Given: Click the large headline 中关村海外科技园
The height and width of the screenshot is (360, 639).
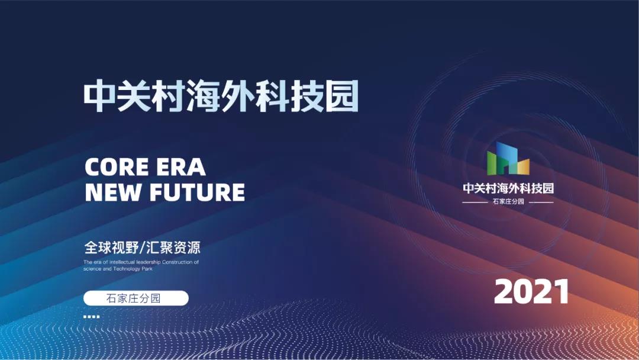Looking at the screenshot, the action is coord(221,96).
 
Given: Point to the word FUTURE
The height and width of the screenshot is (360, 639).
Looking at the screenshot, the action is coord(197,192).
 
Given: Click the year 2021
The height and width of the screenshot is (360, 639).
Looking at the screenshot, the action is coord(531,291).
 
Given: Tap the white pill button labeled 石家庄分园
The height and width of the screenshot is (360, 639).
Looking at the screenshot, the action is coord(136,298).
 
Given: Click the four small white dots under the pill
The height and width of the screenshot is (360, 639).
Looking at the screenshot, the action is coord(91,316).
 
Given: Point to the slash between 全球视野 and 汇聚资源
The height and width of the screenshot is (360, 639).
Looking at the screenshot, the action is coord(141,247).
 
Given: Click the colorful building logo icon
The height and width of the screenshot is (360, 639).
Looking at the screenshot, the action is coord(508,159).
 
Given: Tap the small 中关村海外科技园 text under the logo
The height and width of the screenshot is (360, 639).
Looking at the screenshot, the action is coord(508,188).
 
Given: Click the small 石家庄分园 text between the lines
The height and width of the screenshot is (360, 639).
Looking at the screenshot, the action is coord(508,201).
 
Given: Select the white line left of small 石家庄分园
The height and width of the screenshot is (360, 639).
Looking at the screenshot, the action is coord(475,202).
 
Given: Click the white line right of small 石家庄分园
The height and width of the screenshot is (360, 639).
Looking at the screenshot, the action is coord(541,202).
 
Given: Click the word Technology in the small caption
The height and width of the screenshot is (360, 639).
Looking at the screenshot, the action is coord(127,269).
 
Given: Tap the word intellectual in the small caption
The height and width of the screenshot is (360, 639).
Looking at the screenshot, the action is coord(122,262).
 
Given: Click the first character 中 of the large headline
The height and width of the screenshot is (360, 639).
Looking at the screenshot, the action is coord(99,97).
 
